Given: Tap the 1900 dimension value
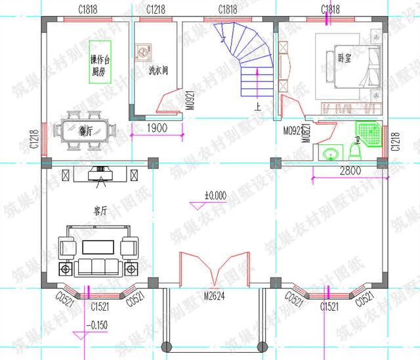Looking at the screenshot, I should click(157, 128).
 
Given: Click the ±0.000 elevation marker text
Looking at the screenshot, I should click(215, 195).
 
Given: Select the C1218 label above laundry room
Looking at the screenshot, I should click(156, 9).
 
